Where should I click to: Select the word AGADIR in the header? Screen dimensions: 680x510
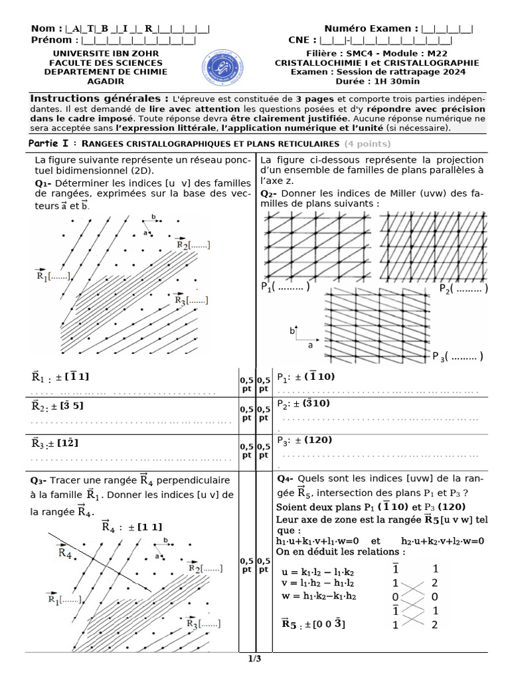(110, 81)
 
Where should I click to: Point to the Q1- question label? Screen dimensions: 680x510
(43, 183)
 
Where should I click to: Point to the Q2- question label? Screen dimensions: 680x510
(269, 193)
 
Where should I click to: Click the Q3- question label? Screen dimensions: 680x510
(39, 480)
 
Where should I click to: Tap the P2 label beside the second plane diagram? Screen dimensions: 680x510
(463, 288)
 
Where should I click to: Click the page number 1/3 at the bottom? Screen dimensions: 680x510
(255, 659)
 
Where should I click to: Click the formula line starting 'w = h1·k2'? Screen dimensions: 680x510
(318, 596)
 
